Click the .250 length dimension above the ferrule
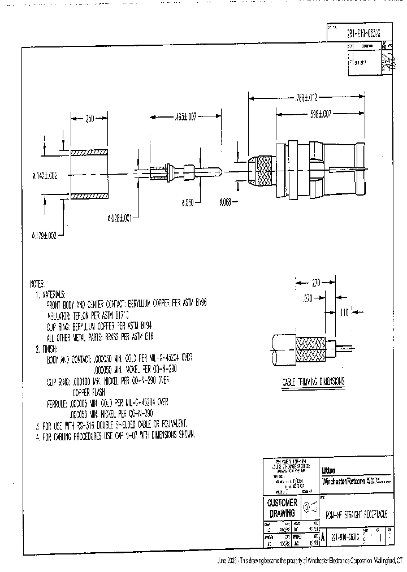click(x=89, y=120)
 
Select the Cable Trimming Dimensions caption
click(x=313, y=382)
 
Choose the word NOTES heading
click(x=40, y=285)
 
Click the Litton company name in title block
click(x=328, y=470)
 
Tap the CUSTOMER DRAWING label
click(x=281, y=508)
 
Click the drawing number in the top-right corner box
click(x=363, y=33)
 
